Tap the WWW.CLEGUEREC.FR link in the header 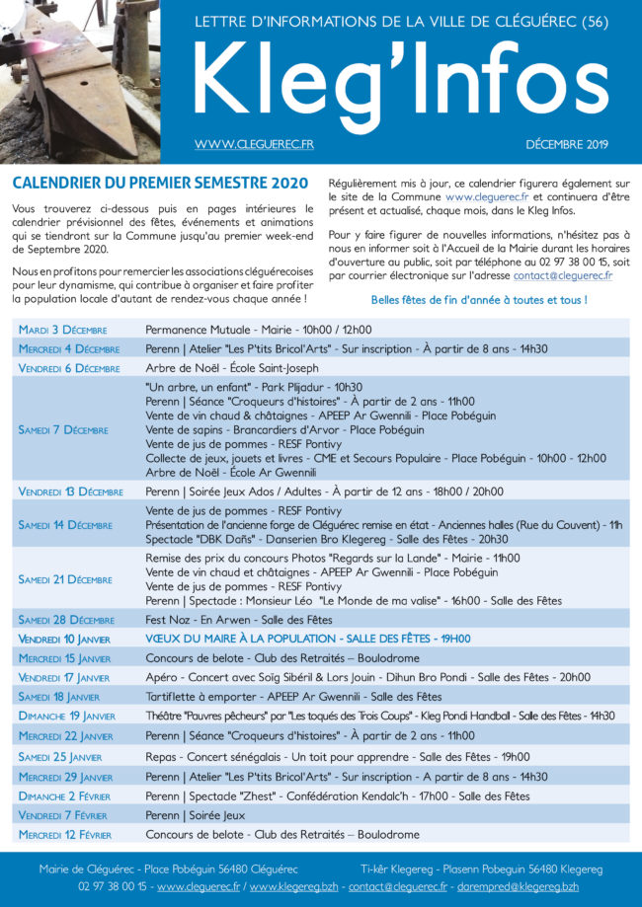(254, 145)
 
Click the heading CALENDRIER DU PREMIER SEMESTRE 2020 (160, 184)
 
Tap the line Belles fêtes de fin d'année (479, 300)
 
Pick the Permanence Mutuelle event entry (258, 330)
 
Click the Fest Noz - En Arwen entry (239, 619)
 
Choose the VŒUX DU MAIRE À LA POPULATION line (307, 639)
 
